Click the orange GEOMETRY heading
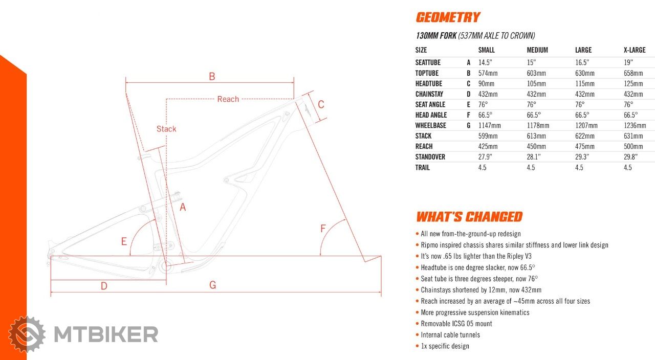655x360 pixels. pos(448,17)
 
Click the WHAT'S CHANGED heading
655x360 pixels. pos(469,217)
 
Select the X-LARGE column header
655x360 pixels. pos(635,50)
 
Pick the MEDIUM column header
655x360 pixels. pos(537,50)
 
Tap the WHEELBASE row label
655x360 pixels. pos(430,125)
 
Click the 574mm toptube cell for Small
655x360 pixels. pos(488,73)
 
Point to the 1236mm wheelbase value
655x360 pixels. pos(635,125)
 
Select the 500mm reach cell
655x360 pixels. pos(633,146)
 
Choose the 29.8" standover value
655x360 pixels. pos(632,157)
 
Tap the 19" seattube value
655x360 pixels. pos(629,62)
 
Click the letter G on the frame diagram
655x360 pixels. pos(213,285)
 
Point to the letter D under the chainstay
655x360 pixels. pos(104,286)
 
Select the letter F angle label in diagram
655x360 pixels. pos(323,229)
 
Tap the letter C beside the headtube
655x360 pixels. pos(321,104)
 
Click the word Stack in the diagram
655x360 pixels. pos(166,129)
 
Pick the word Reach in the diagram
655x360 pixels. pos(228,99)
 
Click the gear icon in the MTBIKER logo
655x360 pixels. pos(27,334)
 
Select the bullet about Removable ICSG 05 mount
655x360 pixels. pos(456,324)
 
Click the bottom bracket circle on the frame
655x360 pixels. pos(165,266)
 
